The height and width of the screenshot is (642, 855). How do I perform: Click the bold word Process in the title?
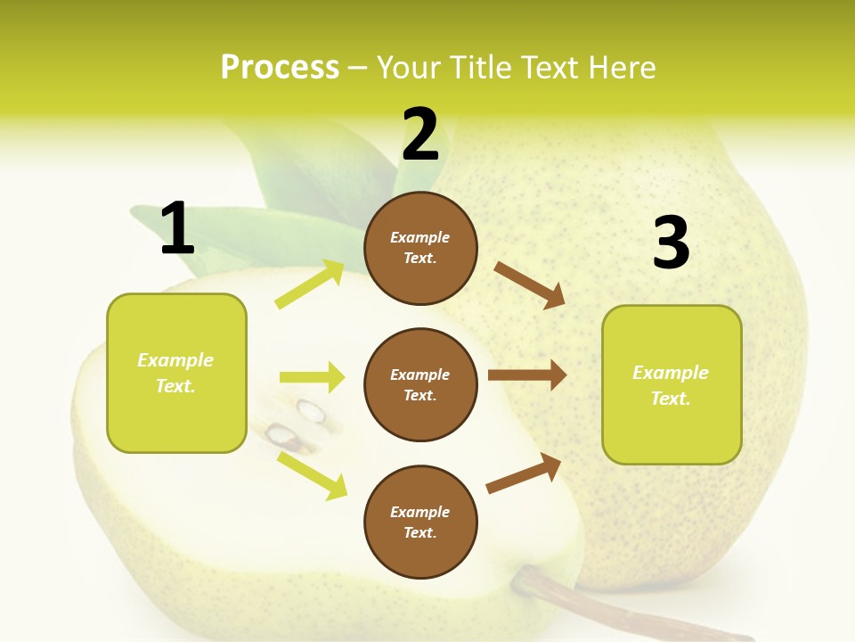click(x=280, y=67)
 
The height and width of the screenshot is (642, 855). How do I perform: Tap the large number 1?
click(x=177, y=228)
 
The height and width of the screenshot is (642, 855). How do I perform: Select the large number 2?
click(x=420, y=135)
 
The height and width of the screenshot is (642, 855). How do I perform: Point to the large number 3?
click(x=671, y=243)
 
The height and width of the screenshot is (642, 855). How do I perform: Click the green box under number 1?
click(x=176, y=373)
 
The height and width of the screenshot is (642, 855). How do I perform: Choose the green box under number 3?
click(x=672, y=385)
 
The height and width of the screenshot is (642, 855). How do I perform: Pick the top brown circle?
click(x=420, y=248)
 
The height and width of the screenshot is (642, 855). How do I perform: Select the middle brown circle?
click(x=420, y=385)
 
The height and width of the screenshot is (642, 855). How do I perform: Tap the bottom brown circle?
click(x=420, y=522)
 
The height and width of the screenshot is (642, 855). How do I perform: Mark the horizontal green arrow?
click(x=312, y=377)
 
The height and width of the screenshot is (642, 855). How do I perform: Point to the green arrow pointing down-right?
click(x=312, y=475)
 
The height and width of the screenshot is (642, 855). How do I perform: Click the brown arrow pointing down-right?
click(x=530, y=284)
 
